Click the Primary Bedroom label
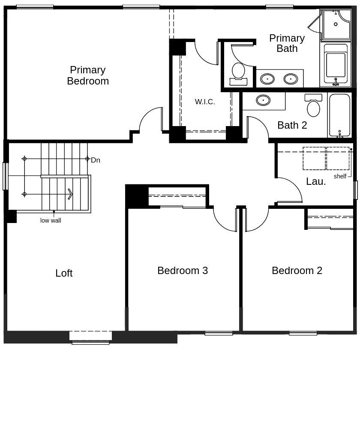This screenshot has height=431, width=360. [88, 75]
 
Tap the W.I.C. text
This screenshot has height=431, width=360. [205, 102]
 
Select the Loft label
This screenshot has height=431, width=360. [64, 273]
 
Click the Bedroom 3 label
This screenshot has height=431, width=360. [183, 271]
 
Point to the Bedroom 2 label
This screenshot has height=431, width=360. [297, 271]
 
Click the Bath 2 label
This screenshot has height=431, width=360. [292, 125]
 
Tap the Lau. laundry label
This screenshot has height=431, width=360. [316, 181]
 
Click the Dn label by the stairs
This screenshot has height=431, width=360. [96, 160]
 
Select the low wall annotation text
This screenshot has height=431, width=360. [51, 220]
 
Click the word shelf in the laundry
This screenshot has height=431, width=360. [340, 176]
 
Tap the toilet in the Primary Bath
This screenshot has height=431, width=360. [238, 74]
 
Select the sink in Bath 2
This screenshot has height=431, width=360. [263, 100]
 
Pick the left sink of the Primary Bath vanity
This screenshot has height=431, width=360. [267, 79]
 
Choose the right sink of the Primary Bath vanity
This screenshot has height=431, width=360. [291, 79]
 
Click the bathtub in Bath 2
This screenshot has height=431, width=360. [340, 115]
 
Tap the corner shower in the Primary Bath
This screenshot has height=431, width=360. [336, 24]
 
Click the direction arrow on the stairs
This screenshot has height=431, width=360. [70, 194]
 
